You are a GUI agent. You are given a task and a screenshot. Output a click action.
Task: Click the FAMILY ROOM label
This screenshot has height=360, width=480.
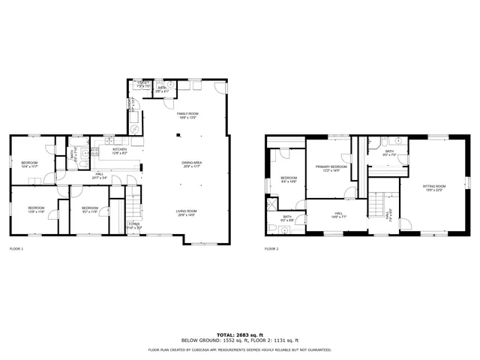187,114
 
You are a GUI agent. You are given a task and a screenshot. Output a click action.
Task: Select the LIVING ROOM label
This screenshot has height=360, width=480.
187,213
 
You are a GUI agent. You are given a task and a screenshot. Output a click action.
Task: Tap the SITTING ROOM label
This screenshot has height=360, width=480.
433,187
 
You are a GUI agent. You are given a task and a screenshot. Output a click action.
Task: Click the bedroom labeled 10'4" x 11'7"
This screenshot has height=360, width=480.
29,164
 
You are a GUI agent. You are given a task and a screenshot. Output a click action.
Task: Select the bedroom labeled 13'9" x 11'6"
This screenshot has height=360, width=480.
37,209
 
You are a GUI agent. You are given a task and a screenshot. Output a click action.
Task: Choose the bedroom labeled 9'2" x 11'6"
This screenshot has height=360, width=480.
89,209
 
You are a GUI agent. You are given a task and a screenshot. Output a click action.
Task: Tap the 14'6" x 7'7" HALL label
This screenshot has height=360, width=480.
338,215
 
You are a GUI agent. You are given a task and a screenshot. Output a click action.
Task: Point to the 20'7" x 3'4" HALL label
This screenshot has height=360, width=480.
99,176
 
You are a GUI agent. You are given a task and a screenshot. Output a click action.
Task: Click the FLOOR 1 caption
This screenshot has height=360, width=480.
16,248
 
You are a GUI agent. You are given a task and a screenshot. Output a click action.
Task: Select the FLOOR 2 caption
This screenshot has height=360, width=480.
271,248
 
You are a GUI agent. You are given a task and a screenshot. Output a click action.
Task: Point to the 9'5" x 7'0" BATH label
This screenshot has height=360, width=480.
389,153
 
